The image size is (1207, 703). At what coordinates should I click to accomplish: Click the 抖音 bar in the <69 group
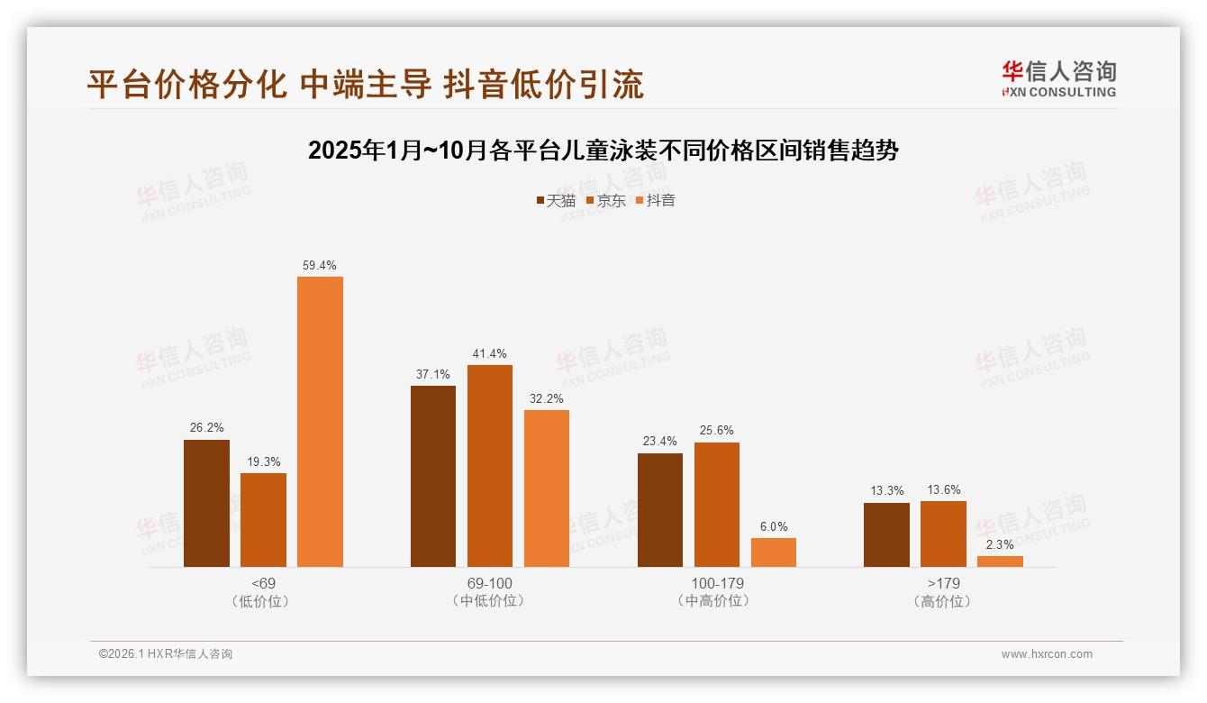coord(320,421)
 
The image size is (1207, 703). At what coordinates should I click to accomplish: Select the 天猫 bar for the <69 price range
coord(206,503)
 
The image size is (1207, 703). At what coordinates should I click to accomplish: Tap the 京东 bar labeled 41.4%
coord(490,465)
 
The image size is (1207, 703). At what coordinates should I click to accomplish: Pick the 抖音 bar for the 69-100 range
coord(547,488)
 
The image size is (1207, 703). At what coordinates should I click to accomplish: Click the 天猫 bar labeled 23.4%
coord(659,509)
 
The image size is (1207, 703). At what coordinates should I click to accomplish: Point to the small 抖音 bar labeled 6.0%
coord(774,552)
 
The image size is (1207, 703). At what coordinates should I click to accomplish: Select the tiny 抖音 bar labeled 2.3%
coord(1000,561)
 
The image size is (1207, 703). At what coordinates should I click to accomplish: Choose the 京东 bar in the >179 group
coord(943,534)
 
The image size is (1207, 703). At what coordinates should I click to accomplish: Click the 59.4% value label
coord(320,266)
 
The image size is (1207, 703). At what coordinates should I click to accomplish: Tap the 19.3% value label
coord(263,462)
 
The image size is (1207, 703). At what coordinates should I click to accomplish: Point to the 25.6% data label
coord(716,431)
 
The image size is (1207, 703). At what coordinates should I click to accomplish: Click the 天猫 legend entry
coord(556,201)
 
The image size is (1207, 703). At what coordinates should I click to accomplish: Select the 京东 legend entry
coord(605,201)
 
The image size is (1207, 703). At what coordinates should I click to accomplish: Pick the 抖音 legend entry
coord(655,201)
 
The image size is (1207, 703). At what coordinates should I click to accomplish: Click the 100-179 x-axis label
coord(717,583)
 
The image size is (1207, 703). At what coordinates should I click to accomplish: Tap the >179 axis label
coord(943,583)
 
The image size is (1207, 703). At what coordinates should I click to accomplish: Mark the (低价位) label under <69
coord(263,600)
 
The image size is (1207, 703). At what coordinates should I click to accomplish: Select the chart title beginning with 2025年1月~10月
coord(603,151)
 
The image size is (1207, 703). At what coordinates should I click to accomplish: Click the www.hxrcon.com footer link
coord(1047,654)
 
